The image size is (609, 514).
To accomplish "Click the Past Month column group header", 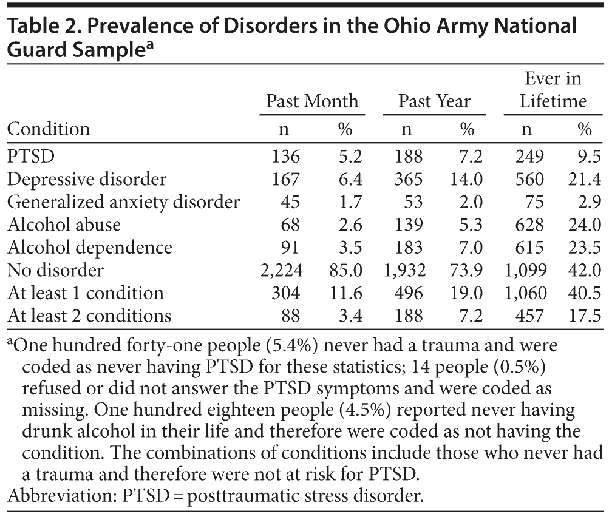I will click(312, 101).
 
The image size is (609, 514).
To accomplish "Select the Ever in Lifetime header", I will click(552, 90).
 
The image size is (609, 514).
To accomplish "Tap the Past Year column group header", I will click(434, 101).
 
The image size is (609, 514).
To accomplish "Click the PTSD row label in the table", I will click(31, 157).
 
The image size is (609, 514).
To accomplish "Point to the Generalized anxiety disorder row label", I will click(124, 202).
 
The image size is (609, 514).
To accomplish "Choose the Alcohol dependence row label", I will click(90, 248).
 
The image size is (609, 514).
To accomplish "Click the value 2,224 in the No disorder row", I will click(279, 270).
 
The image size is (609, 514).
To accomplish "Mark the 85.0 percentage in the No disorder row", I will click(345, 270).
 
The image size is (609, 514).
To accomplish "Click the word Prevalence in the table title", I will click(124, 27).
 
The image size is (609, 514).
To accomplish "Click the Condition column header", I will click(49, 129).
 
